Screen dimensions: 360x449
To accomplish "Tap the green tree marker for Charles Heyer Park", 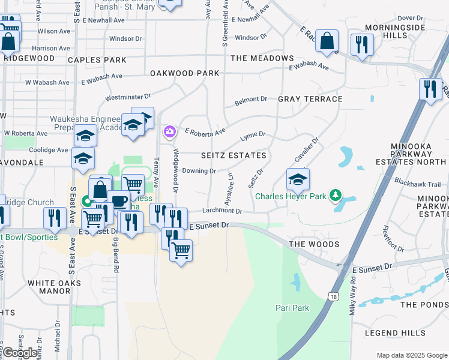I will pyautogui.click(x=337, y=196).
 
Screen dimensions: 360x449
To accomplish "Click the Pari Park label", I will pyautogui.click(x=292, y=308).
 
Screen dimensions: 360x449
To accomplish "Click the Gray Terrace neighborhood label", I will pyautogui.click(x=310, y=99).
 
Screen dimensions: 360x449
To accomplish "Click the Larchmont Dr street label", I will pyautogui.click(x=221, y=211).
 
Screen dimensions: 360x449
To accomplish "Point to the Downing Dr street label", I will pyautogui.click(x=199, y=171).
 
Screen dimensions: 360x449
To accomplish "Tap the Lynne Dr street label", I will pyautogui.click(x=253, y=137).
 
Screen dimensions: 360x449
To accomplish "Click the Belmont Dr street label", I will pyautogui.click(x=251, y=100).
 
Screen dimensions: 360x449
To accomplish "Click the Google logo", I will pyautogui.click(x=19, y=353).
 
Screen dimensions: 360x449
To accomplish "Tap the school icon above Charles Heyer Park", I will pyautogui.click(x=298, y=179).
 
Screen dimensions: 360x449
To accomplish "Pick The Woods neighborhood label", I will pyautogui.click(x=314, y=244).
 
